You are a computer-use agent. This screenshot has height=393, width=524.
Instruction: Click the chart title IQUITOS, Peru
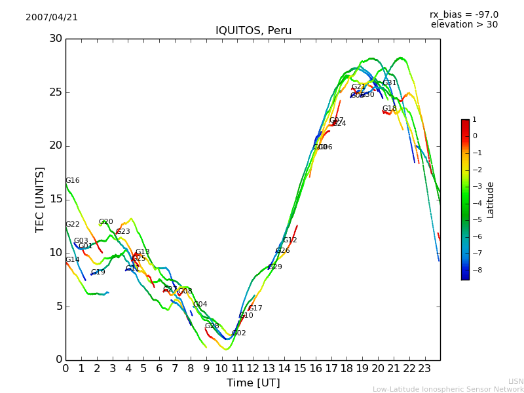(x=253, y=31)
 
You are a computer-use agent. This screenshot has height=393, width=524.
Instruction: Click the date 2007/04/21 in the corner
(x=52, y=18)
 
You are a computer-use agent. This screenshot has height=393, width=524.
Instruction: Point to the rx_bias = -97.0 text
(x=464, y=14)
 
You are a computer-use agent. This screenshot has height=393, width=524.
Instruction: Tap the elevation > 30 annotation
(x=464, y=25)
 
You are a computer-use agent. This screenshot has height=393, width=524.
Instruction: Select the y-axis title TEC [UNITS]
(x=40, y=199)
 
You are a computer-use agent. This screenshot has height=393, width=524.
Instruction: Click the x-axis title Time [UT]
(x=253, y=383)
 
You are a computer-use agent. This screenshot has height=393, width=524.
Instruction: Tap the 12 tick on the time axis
(x=253, y=368)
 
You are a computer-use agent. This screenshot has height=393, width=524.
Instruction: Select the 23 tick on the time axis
(x=424, y=368)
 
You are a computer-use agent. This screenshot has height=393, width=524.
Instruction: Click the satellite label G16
(x=72, y=181)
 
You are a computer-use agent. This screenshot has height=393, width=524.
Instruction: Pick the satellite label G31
(x=390, y=83)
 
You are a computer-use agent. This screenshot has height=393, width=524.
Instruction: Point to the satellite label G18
(x=390, y=109)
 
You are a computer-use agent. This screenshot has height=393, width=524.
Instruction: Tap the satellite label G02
(x=239, y=333)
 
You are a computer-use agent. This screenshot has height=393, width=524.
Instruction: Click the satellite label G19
(x=98, y=272)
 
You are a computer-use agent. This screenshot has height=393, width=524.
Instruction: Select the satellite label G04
(x=200, y=305)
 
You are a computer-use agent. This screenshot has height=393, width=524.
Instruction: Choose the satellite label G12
(x=290, y=240)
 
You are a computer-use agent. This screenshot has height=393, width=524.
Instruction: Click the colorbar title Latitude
(x=490, y=200)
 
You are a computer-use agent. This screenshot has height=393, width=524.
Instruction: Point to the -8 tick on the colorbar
(x=474, y=269)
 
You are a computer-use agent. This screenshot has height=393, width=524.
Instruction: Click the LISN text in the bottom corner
(x=515, y=381)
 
